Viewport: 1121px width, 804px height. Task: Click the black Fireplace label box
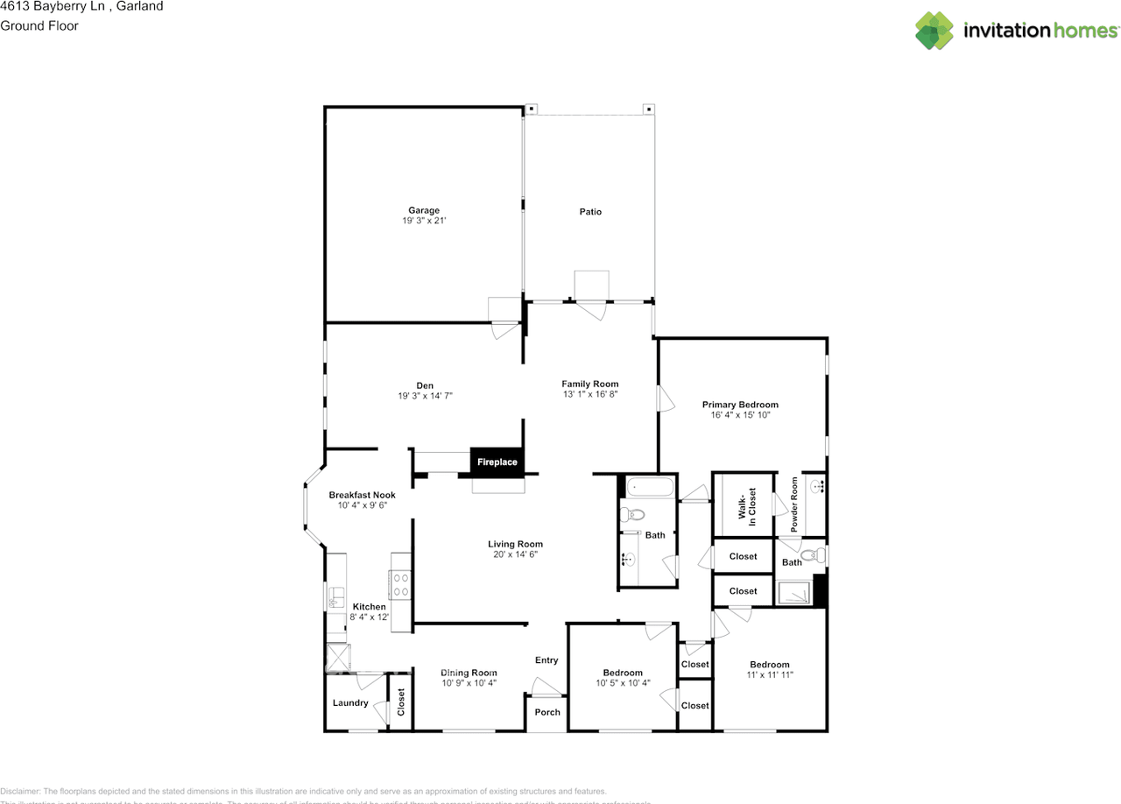(x=497, y=462)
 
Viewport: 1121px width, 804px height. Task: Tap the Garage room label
(x=424, y=210)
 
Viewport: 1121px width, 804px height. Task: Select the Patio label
(x=590, y=212)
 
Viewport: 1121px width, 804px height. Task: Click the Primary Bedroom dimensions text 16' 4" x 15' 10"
(x=740, y=415)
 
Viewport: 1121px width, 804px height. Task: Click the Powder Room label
(x=794, y=504)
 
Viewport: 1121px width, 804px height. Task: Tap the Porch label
(x=547, y=712)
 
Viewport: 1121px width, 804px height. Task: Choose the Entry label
(x=546, y=660)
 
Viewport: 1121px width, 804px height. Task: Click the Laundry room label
(x=350, y=703)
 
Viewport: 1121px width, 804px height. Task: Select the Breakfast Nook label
(x=362, y=495)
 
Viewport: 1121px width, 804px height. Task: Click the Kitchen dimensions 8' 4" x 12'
(x=370, y=617)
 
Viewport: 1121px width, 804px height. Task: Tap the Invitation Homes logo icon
(x=934, y=31)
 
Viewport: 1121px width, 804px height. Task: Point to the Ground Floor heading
(x=39, y=25)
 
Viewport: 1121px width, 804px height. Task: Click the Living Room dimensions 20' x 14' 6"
(x=515, y=554)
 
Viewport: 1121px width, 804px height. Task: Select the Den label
(x=425, y=385)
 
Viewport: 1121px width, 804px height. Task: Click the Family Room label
(x=589, y=384)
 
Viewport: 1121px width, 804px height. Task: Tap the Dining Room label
(x=469, y=673)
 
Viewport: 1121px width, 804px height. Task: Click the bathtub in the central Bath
(x=649, y=486)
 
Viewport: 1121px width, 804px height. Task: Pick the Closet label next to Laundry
(x=401, y=702)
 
